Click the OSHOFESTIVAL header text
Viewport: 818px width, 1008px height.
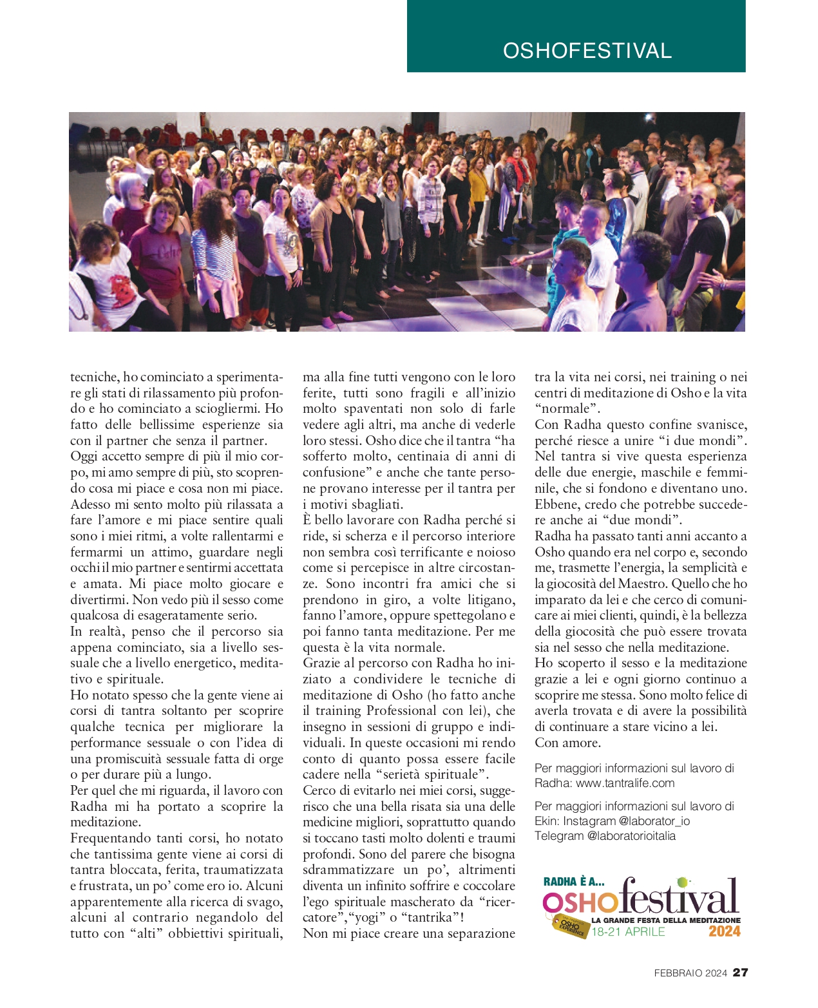(587, 51)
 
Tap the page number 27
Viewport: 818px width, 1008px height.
(741, 973)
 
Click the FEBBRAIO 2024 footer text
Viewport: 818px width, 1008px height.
(690, 973)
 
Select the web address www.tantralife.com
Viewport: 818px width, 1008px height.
(625, 783)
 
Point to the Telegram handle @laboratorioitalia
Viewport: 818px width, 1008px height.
(631, 836)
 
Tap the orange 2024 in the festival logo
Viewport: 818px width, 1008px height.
(725, 931)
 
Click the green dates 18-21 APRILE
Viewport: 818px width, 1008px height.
(628, 932)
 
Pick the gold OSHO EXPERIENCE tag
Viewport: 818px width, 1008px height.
(571, 926)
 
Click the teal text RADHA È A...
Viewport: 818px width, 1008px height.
(573, 882)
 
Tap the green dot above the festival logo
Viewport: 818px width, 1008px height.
(682, 882)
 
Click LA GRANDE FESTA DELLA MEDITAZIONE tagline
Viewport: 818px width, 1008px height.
(666, 920)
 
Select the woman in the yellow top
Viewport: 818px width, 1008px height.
(479, 193)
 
